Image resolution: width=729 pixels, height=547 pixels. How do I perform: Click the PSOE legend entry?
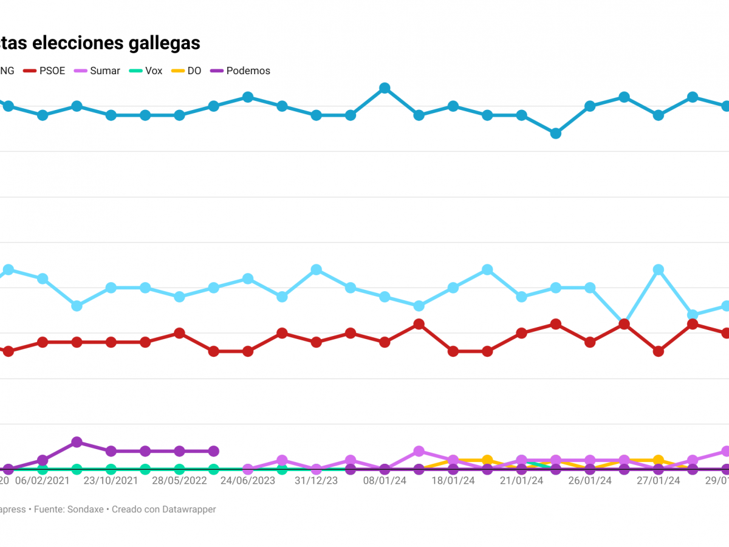click(52, 71)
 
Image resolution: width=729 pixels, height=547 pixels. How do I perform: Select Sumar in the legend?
click(104, 71)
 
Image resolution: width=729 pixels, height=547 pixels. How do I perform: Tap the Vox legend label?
click(154, 71)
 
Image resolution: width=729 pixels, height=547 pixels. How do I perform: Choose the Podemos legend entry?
click(248, 71)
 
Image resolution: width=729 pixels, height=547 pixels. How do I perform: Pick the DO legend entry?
click(194, 71)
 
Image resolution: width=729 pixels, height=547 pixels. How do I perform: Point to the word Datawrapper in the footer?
click(189, 509)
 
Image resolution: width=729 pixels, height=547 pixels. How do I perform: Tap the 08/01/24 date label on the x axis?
click(385, 481)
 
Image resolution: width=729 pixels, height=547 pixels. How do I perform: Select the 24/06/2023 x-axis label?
click(248, 481)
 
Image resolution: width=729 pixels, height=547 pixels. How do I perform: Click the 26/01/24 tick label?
click(590, 481)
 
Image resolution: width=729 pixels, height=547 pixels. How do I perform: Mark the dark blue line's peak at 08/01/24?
click(385, 88)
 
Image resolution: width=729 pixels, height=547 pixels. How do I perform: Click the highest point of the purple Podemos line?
click(77, 442)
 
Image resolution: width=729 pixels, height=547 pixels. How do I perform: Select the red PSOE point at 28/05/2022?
click(179, 333)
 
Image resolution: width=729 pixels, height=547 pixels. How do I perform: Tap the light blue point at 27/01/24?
click(658, 269)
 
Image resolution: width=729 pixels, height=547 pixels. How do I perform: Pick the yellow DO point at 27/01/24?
click(658, 460)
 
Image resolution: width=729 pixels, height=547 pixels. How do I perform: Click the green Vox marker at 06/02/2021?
click(43, 469)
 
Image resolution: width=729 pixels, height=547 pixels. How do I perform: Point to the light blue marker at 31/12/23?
click(316, 269)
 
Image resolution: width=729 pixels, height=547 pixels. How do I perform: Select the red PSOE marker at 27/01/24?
click(658, 351)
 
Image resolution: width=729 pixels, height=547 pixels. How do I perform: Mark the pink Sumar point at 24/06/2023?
click(248, 469)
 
